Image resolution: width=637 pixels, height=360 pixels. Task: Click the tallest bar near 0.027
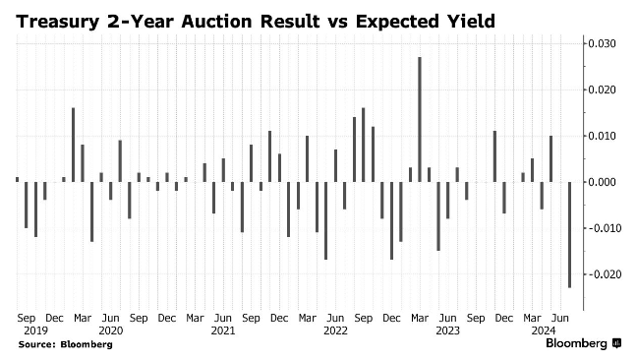click(x=420, y=119)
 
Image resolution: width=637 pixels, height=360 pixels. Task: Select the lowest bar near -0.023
click(x=569, y=235)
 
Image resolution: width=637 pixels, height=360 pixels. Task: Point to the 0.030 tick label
click(x=602, y=43)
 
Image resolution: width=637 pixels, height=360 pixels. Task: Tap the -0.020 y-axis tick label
click(x=600, y=274)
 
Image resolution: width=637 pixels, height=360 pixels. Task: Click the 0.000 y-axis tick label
click(x=602, y=182)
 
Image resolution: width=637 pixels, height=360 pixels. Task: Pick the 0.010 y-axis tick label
click(x=602, y=136)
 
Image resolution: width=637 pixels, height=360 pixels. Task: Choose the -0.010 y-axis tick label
click(x=600, y=228)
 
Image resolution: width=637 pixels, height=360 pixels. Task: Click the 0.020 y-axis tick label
click(x=602, y=90)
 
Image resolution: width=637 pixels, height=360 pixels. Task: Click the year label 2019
click(x=35, y=330)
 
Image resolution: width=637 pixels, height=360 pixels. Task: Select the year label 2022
click(x=335, y=330)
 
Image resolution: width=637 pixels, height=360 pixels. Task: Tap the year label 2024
click(x=544, y=330)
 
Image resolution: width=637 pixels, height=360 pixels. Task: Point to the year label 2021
click(x=223, y=330)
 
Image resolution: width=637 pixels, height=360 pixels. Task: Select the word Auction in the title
click(x=216, y=21)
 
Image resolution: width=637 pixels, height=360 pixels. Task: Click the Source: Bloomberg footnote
click(x=66, y=344)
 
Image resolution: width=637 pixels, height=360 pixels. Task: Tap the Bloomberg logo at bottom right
click(x=583, y=343)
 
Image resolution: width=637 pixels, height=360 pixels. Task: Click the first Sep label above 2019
click(x=27, y=318)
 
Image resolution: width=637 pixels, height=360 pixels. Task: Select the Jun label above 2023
click(x=447, y=318)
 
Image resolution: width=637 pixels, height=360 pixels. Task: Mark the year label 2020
click(x=111, y=330)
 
